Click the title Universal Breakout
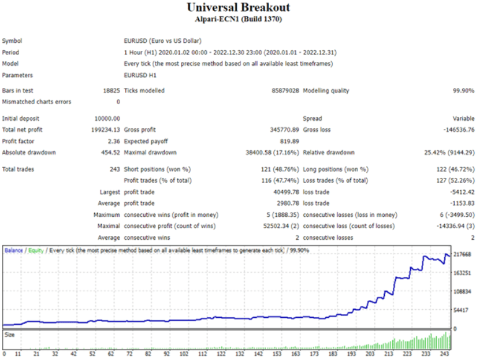coord(238,7)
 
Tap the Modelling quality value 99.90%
coord(462,90)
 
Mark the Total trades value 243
coord(115,169)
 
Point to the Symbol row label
coord(12,41)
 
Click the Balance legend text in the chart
coord(14,250)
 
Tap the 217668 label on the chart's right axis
coord(462,255)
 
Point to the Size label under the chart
coord(9,335)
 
